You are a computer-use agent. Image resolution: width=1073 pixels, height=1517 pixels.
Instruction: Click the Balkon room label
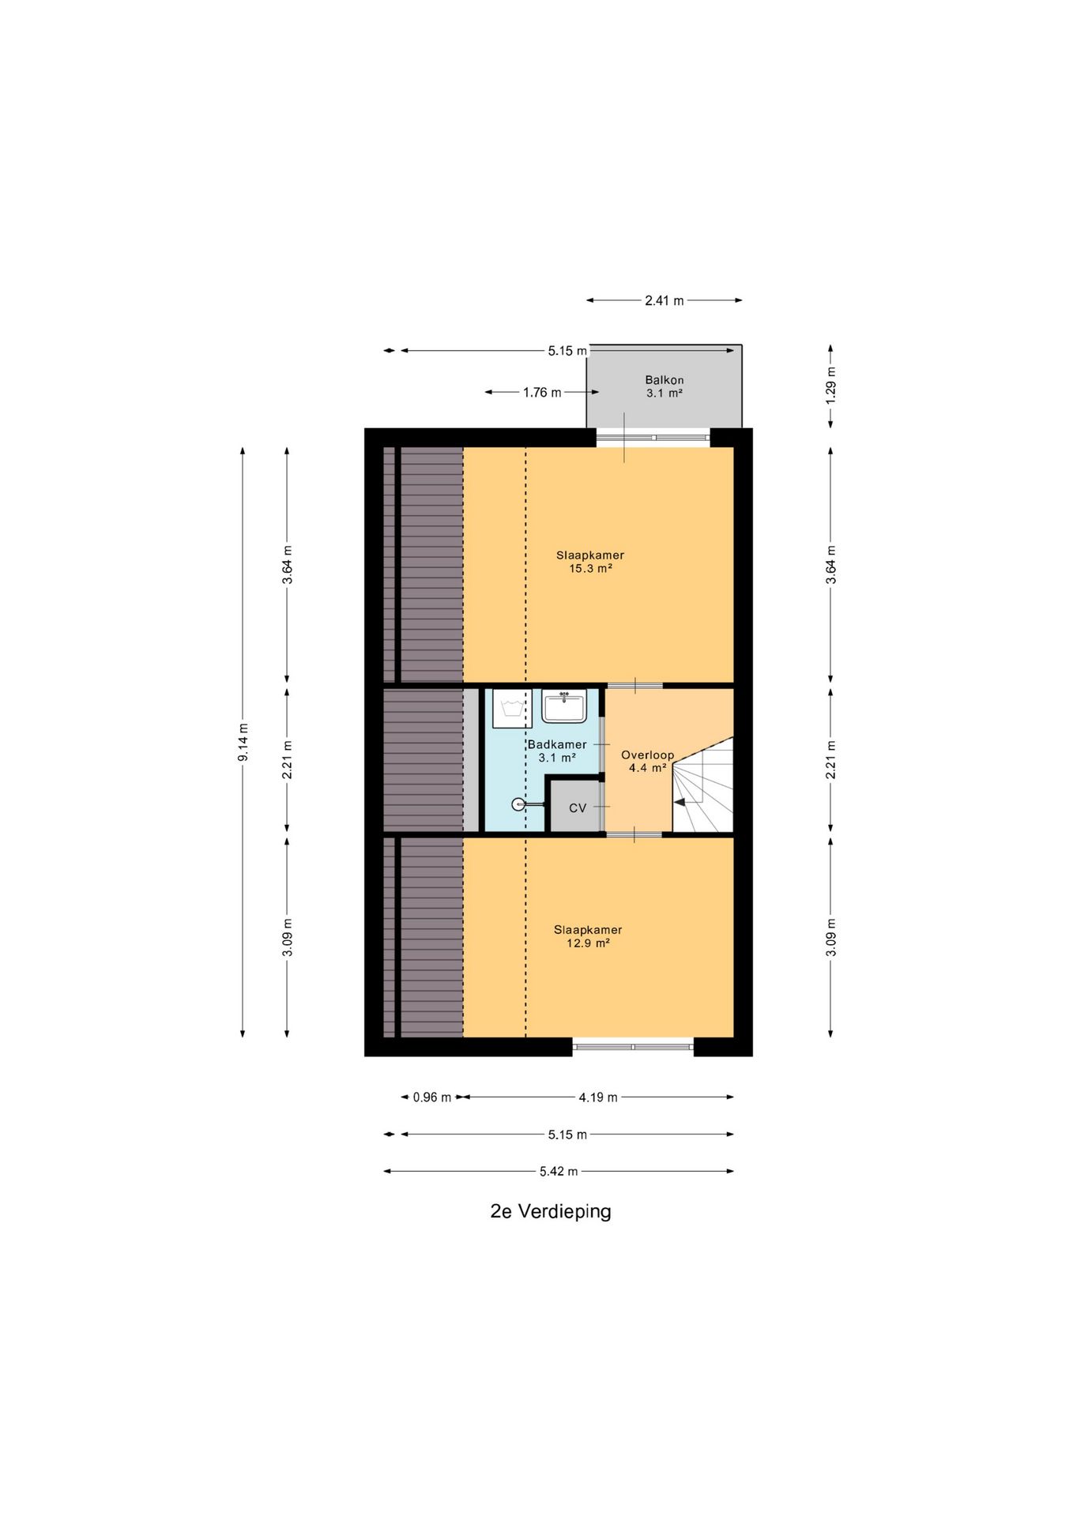[x=664, y=380]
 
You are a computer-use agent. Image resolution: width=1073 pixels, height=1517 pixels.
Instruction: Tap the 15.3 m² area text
[x=590, y=568]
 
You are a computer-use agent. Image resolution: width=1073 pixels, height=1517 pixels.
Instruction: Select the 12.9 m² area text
[x=588, y=943]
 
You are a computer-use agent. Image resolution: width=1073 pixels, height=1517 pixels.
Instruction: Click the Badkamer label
[x=557, y=744]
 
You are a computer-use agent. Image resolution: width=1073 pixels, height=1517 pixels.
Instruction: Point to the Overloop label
[x=647, y=755]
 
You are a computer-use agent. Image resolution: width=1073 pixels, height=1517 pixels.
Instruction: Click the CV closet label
[x=578, y=808]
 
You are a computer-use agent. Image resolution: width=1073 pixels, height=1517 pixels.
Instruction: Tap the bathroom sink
[x=563, y=706]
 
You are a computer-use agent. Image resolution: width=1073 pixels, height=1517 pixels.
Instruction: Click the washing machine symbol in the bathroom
[x=512, y=708]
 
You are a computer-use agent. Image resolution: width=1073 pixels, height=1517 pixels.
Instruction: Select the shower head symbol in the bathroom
[x=518, y=804]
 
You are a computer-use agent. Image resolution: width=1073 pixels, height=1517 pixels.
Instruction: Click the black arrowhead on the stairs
[x=679, y=802]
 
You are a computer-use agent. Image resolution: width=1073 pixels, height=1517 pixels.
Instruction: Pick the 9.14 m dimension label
[x=243, y=743]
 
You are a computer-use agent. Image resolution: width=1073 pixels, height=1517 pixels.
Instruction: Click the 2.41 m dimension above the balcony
[x=665, y=300]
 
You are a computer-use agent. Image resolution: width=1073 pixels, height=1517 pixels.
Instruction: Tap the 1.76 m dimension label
[x=542, y=392]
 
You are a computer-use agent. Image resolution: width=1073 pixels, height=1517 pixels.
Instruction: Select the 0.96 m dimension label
[x=432, y=1097]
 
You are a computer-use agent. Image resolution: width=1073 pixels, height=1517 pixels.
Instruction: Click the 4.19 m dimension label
[x=598, y=1097]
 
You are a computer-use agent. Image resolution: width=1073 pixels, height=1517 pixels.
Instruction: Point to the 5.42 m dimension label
[x=559, y=1171]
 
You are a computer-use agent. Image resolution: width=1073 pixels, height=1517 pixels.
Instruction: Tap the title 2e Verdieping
[x=551, y=1211]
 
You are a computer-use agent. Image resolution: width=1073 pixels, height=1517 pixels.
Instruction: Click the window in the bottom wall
[x=633, y=1047]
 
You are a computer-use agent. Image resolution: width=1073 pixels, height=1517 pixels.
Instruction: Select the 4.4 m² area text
[x=648, y=767]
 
